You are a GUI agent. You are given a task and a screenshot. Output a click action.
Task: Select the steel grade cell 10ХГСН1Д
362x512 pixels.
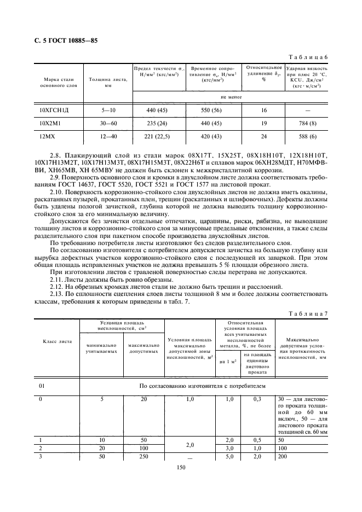54,110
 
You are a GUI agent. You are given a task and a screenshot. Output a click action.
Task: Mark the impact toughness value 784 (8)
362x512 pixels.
306,123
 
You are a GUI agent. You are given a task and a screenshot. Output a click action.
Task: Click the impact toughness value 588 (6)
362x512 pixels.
306,136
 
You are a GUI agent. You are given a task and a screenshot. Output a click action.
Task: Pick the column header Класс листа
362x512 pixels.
57,341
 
